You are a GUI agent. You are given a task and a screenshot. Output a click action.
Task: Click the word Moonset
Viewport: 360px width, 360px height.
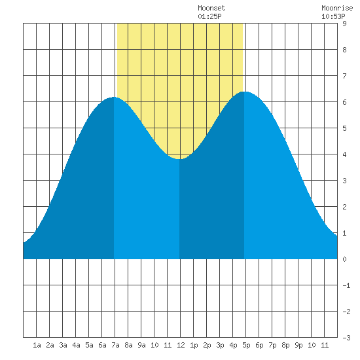pyautogui.click(x=211, y=8)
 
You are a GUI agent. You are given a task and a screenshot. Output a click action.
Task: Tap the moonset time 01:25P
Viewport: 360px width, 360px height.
pyautogui.click(x=209, y=16)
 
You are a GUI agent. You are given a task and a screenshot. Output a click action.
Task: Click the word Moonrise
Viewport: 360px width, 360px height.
pyautogui.click(x=337, y=8)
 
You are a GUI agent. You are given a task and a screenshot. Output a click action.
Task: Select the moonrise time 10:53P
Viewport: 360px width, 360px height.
pyautogui.click(x=333, y=16)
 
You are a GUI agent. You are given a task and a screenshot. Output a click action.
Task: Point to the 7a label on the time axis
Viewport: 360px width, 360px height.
pyautogui.click(x=115, y=345)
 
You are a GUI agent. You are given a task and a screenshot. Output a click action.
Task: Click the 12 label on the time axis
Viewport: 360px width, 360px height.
pyautogui.click(x=181, y=345)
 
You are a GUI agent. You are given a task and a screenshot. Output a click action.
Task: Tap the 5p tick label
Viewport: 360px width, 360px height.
pyautogui.click(x=246, y=345)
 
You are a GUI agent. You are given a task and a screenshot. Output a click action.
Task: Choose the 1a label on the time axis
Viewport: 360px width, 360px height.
pyautogui.click(x=37, y=345)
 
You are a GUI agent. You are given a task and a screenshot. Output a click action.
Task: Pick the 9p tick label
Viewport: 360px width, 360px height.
pyautogui.click(x=298, y=345)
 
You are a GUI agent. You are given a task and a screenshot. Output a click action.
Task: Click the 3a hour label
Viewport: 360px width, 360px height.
pyautogui.click(x=63, y=345)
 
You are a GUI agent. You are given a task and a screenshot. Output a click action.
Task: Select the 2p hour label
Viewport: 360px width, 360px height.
pyautogui.click(x=207, y=345)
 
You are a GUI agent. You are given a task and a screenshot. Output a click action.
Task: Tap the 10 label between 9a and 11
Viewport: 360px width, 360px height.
pyautogui.click(x=154, y=345)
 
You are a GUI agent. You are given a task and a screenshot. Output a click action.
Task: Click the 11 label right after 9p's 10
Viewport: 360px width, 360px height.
pyautogui.click(x=325, y=345)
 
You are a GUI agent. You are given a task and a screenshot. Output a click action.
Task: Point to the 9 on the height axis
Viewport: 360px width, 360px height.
pyautogui.click(x=344, y=24)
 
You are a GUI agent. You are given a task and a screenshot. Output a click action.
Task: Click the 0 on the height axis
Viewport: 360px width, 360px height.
pyautogui.click(x=344, y=259)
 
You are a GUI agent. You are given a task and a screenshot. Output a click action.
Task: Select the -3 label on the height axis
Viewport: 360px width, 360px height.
pyautogui.click(x=347, y=338)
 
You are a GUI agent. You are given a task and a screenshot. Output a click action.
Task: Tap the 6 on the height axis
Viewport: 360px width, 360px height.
pyautogui.click(x=344, y=102)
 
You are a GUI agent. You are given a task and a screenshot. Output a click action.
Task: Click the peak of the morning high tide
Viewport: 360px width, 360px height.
pyautogui.click(x=114, y=97)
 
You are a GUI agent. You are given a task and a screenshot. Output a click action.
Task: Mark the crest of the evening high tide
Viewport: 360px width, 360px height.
pyautogui.click(x=245, y=92)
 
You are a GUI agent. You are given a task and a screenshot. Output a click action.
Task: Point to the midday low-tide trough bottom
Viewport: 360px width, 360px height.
pyautogui.click(x=180, y=159)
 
